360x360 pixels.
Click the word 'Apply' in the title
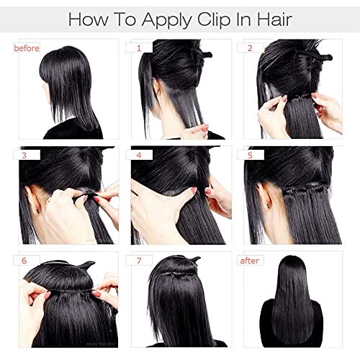pyautogui.click(x=166, y=21)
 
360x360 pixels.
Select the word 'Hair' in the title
pyautogui.click(x=274, y=19)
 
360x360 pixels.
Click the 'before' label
pyautogui.click(x=27, y=48)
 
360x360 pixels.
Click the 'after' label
pyautogui.click(x=250, y=261)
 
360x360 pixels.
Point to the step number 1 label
pyautogui.click(x=139, y=48)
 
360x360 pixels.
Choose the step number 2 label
pyautogui.click(x=250, y=48)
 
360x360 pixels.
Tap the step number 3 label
pyautogui.click(x=24, y=156)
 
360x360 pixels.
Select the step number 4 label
pyautogui.click(x=139, y=156)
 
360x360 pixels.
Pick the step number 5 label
pyautogui.click(x=250, y=156)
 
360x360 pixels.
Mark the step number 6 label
pyautogui.click(x=24, y=261)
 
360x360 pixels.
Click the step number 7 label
pyautogui.click(x=139, y=261)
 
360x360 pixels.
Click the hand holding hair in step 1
pyautogui.click(x=194, y=132)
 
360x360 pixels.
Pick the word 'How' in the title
pyautogui.click(x=89, y=19)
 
